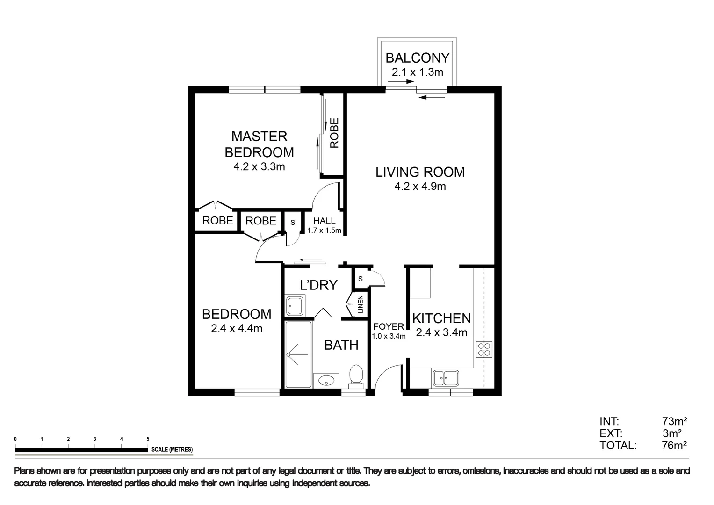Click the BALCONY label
(x=417, y=58)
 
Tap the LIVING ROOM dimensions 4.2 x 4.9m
(x=420, y=187)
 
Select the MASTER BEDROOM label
(x=259, y=144)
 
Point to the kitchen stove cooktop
(x=484, y=349)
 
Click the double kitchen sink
(x=446, y=378)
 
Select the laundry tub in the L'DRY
(x=294, y=305)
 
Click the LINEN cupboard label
(x=361, y=305)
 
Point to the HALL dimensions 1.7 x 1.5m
(x=324, y=231)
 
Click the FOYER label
(x=388, y=326)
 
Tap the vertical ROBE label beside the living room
(x=334, y=133)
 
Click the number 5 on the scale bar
(x=148, y=439)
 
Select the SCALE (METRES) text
(x=172, y=450)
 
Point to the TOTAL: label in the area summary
(x=618, y=446)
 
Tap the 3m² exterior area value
(x=672, y=433)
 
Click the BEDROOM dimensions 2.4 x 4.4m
(x=237, y=329)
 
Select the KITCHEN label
(x=441, y=318)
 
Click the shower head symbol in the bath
(x=292, y=354)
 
